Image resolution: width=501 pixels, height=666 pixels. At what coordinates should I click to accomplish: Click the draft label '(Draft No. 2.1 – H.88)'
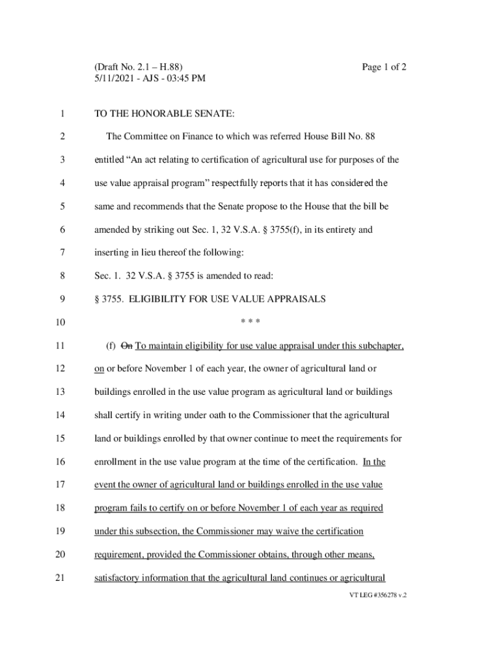coord(139,67)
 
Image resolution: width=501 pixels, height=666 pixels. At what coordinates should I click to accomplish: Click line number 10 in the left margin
coord(61,323)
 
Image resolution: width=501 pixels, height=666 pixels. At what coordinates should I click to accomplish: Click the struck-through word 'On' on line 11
coord(127,346)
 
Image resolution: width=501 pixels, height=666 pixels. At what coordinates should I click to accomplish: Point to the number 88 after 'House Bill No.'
coord(369,137)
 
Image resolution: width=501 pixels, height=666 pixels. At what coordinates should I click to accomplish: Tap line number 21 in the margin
coord(61,578)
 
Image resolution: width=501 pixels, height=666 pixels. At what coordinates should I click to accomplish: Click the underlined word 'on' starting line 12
coord(99,369)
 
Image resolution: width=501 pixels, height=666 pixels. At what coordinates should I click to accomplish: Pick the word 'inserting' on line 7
coord(111,253)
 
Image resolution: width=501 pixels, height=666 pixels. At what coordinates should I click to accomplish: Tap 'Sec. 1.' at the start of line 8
coord(107,276)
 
